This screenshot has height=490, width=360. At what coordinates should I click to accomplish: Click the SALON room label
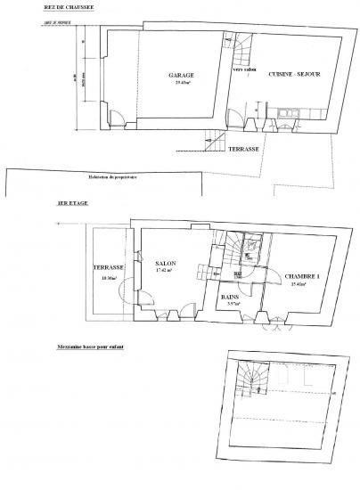coord(165,264)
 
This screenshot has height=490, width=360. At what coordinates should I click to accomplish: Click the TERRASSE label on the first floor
coord(107,267)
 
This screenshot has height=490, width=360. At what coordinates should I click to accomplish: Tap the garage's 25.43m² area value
coord(183,84)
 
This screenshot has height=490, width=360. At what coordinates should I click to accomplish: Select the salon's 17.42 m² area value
coord(166,272)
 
